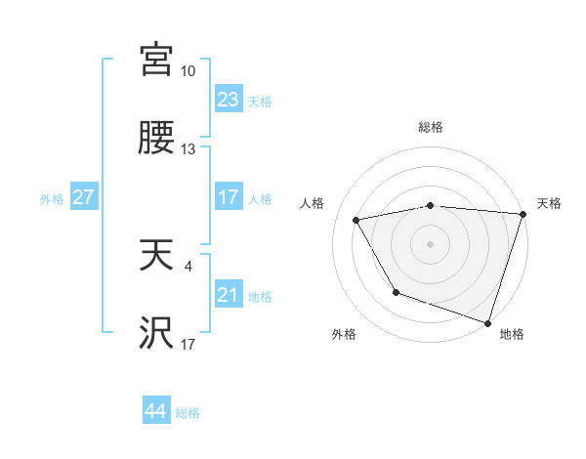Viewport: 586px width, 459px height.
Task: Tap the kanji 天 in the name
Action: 156,256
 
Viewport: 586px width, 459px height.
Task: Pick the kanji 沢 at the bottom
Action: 156,334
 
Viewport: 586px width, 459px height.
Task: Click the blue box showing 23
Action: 229,100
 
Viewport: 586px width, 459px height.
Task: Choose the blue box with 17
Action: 229,197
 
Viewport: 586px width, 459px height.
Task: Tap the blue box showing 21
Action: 229,295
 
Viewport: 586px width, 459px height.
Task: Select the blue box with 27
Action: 83,197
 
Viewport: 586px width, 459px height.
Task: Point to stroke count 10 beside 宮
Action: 188,71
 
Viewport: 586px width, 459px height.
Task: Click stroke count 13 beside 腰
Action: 188,150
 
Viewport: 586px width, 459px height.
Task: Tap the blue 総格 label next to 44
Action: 188,413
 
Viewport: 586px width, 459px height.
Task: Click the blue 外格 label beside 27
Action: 52,199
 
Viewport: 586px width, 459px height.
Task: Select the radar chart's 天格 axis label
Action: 549,203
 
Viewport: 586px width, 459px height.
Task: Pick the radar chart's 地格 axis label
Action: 512,335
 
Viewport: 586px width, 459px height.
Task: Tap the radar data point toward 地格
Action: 487,322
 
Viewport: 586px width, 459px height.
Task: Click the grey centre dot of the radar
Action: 431,244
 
